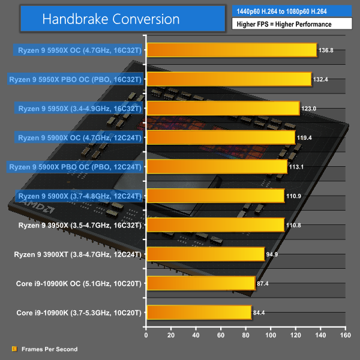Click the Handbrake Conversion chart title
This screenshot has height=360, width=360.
pyautogui.click(x=110, y=19)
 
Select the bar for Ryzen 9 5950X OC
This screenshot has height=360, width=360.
pyautogui.click(x=231, y=50)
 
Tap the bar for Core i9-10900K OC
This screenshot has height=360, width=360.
pyautogui.click(x=200, y=283)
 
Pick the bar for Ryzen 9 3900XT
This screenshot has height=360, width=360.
pyautogui.click(x=205, y=254)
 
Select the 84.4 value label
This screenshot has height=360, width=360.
pyautogui.click(x=261, y=313)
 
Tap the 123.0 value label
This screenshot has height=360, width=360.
pyautogui.click(x=309, y=109)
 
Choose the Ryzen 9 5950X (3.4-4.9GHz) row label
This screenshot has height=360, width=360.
pyautogui.click(x=79, y=109)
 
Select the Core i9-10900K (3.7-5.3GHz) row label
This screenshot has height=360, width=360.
pyautogui.click(x=80, y=313)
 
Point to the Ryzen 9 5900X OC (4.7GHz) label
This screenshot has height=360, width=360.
pyautogui.click(x=80, y=137)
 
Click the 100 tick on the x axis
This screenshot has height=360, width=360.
pyautogui.click(x=270, y=329)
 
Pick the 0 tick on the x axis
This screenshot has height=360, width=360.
pyautogui.click(x=146, y=329)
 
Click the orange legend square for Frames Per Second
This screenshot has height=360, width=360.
pyautogui.click(x=14, y=349)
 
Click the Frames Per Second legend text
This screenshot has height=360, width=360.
pyautogui.click(x=49, y=349)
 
